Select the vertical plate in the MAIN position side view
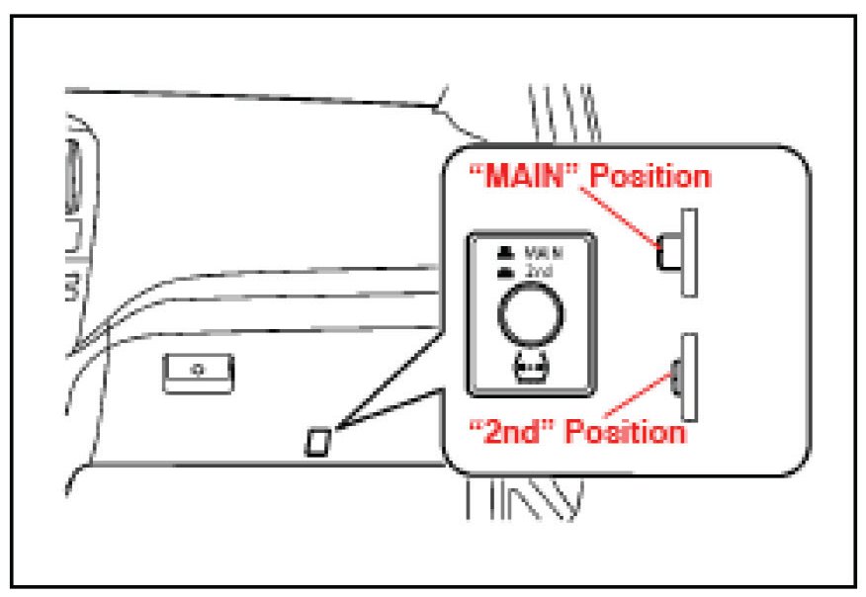point(690,251)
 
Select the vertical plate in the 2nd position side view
point(690,375)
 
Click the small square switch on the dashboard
point(318,440)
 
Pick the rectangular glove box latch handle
point(199,371)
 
